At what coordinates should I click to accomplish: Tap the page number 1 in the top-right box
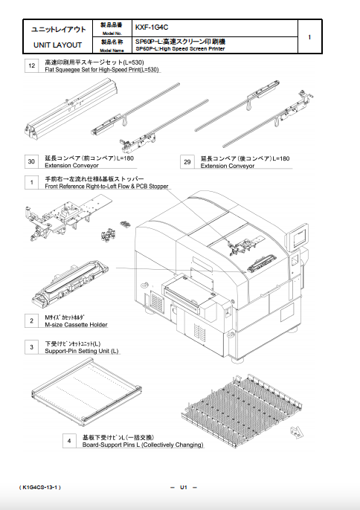tap(309, 36)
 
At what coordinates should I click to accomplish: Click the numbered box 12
tap(32, 67)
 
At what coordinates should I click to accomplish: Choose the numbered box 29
tap(188, 161)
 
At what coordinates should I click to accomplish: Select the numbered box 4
tap(69, 441)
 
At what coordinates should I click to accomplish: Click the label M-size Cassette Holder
tap(76, 324)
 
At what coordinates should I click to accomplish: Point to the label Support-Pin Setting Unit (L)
tap(82, 351)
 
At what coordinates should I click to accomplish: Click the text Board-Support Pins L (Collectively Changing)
tap(142, 445)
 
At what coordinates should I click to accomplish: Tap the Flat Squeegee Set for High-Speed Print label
tap(103, 70)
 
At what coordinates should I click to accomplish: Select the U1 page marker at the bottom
tap(183, 487)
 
